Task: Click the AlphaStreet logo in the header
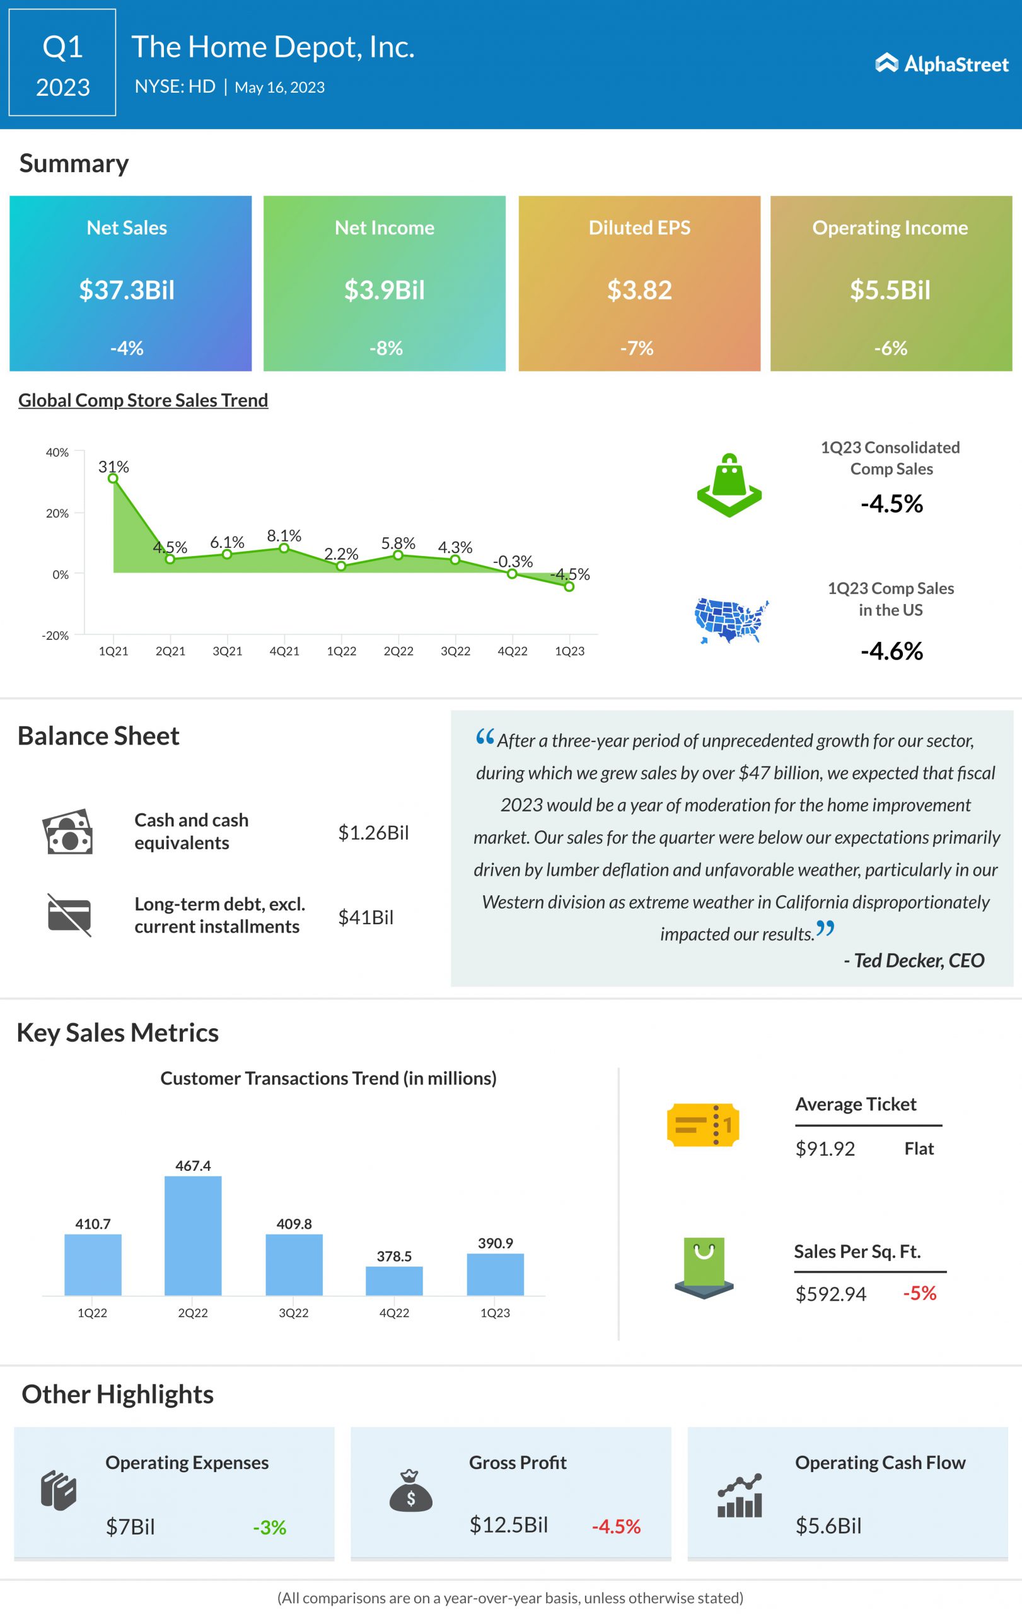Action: click(941, 64)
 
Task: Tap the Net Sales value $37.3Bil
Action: click(127, 290)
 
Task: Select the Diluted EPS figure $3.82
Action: click(639, 290)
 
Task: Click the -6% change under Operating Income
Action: click(890, 348)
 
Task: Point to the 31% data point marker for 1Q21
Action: click(113, 478)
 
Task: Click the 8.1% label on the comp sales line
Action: click(284, 535)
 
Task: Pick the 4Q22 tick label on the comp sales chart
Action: click(512, 651)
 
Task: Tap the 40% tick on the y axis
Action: click(57, 453)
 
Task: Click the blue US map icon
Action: click(731, 620)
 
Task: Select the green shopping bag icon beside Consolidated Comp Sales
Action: click(729, 485)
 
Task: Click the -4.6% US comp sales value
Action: click(891, 651)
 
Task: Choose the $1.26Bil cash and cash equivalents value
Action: click(373, 832)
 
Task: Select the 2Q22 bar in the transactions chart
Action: click(193, 1235)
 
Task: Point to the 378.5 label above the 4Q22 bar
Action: click(394, 1256)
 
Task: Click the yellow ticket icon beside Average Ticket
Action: click(703, 1124)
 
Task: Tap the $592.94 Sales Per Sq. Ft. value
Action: click(830, 1294)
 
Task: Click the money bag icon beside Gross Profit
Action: click(411, 1490)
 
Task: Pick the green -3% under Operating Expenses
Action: click(269, 1528)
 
